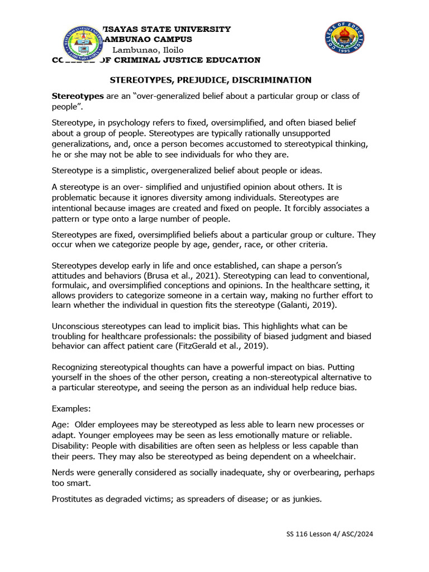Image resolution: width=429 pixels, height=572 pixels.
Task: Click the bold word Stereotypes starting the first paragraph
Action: tap(77, 96)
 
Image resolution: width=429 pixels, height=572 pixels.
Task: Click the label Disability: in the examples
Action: tap(70, 446)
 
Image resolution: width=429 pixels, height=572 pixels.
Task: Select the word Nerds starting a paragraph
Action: tap(63, 473)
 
